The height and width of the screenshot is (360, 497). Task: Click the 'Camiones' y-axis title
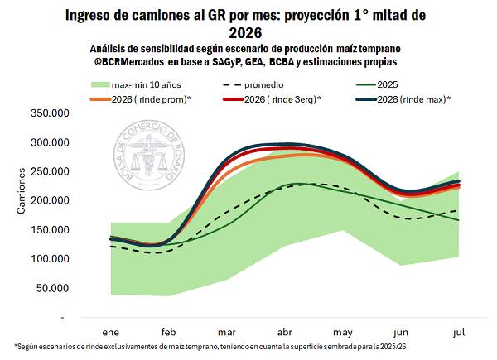22,193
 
